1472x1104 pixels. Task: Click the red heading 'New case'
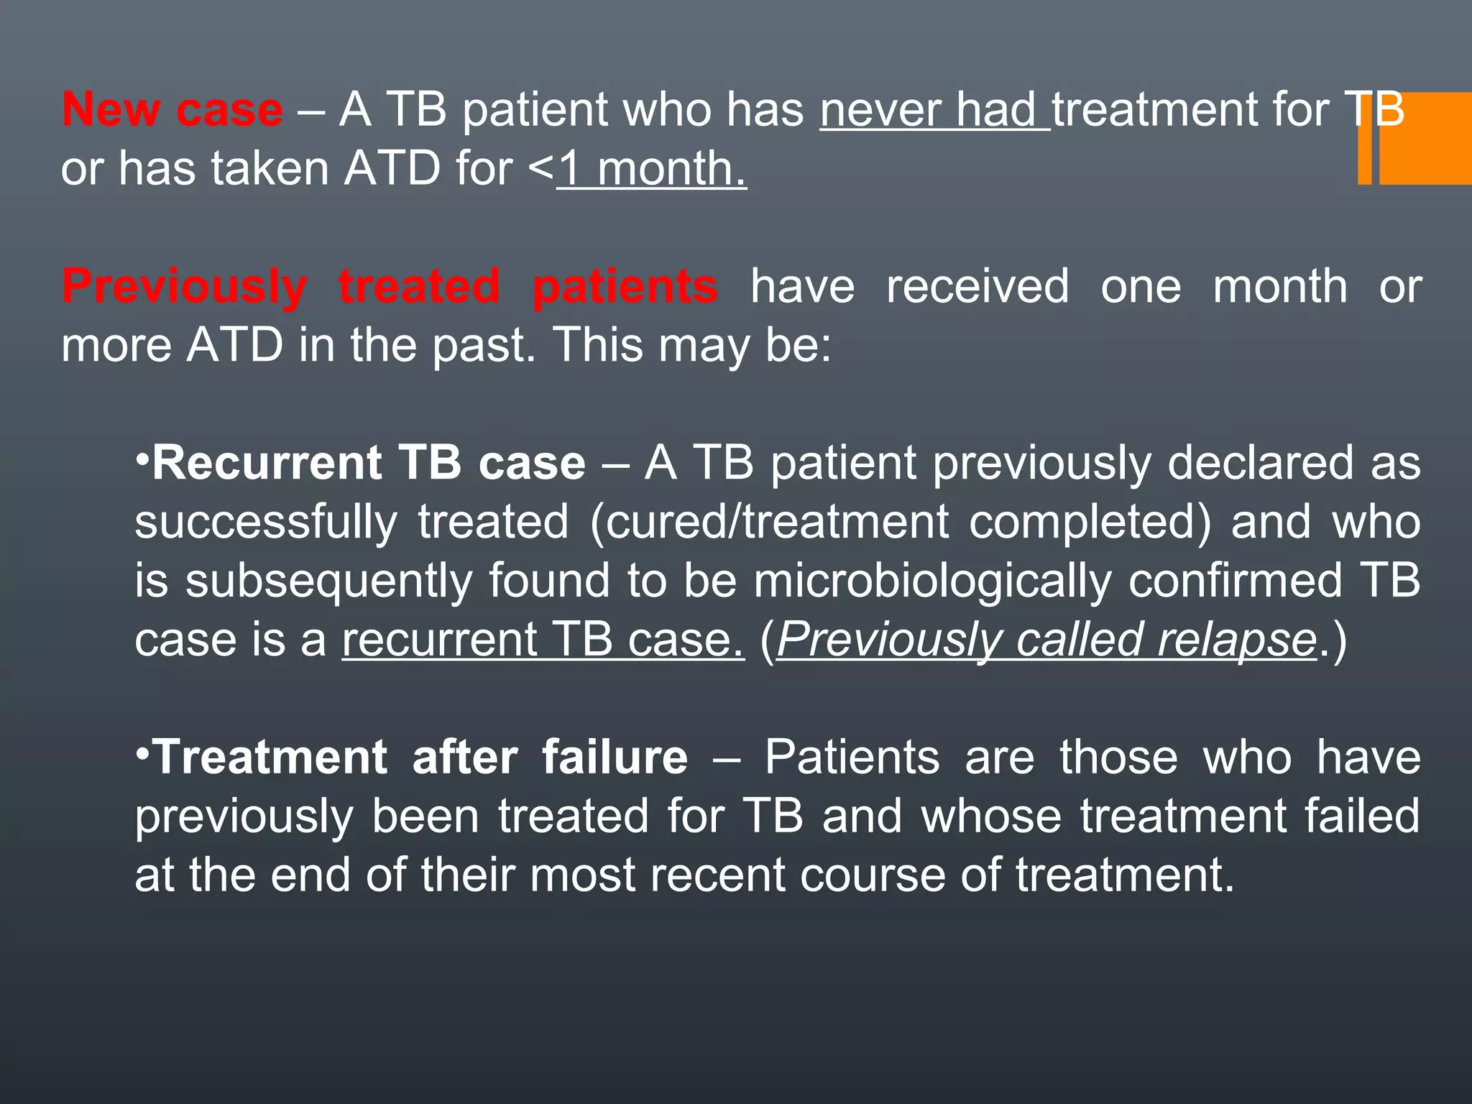(x=172, y=110)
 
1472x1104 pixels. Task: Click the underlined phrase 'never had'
(x=934, y=110)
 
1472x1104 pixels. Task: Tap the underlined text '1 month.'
(x=653, y=170)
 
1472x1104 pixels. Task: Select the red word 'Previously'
(x=184, y=287)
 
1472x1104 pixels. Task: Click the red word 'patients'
(x=625, y=287)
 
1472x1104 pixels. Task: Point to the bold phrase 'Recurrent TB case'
(x=369, y=463)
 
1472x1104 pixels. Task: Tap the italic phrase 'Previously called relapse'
(x=1046, y=640)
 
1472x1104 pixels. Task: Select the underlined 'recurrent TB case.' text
(x=543, y=640)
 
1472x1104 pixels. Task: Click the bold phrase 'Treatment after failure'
(x=421, y=758)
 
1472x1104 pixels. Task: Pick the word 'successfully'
(x=266, y=522)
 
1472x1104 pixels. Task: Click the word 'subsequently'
(x=328, y=581)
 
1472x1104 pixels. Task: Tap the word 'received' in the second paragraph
(x=977, y=287)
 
